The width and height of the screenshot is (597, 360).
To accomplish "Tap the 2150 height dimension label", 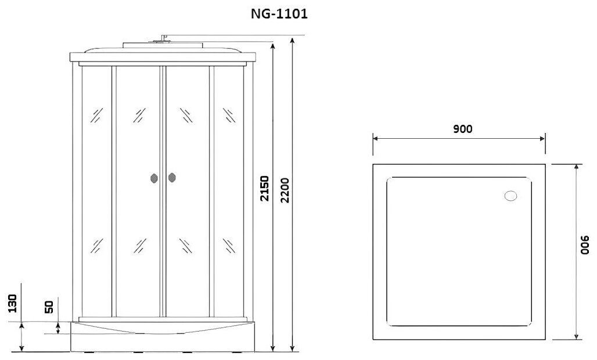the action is click(x=265, y=189).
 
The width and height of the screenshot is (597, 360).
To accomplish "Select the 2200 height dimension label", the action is click(x=285, y=189).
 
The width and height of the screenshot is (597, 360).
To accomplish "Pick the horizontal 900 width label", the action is click(x=462, y=129).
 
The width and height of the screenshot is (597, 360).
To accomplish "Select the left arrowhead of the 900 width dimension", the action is click(x=375, y=139).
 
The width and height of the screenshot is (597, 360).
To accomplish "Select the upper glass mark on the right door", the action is click(x=186, y=115).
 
